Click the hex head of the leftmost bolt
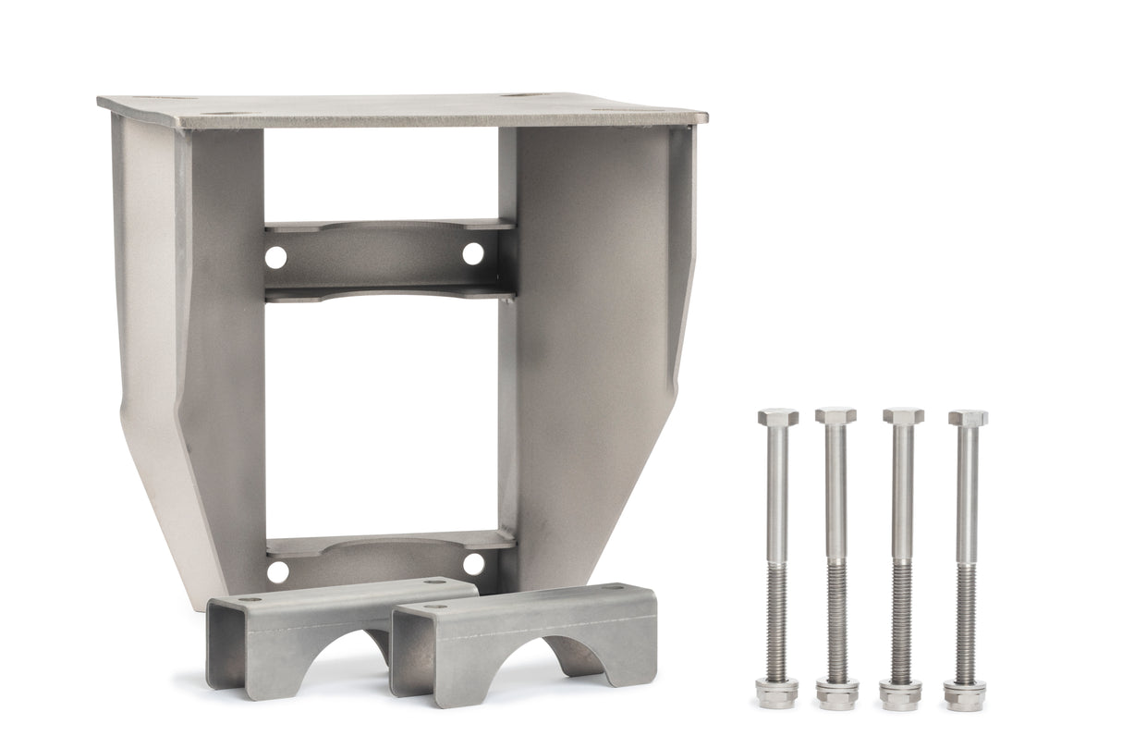click(777, 417)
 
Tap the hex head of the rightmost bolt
click(967, 418)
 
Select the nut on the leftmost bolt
click(776, 692)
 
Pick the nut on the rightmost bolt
click(964, 692)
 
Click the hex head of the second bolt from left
click(835, 416)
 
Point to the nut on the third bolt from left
click(900, 692)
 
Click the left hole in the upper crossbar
click(275, 257)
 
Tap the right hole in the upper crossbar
click(472, 253)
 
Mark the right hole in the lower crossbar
click(473, 564)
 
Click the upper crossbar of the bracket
click(388, 258)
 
